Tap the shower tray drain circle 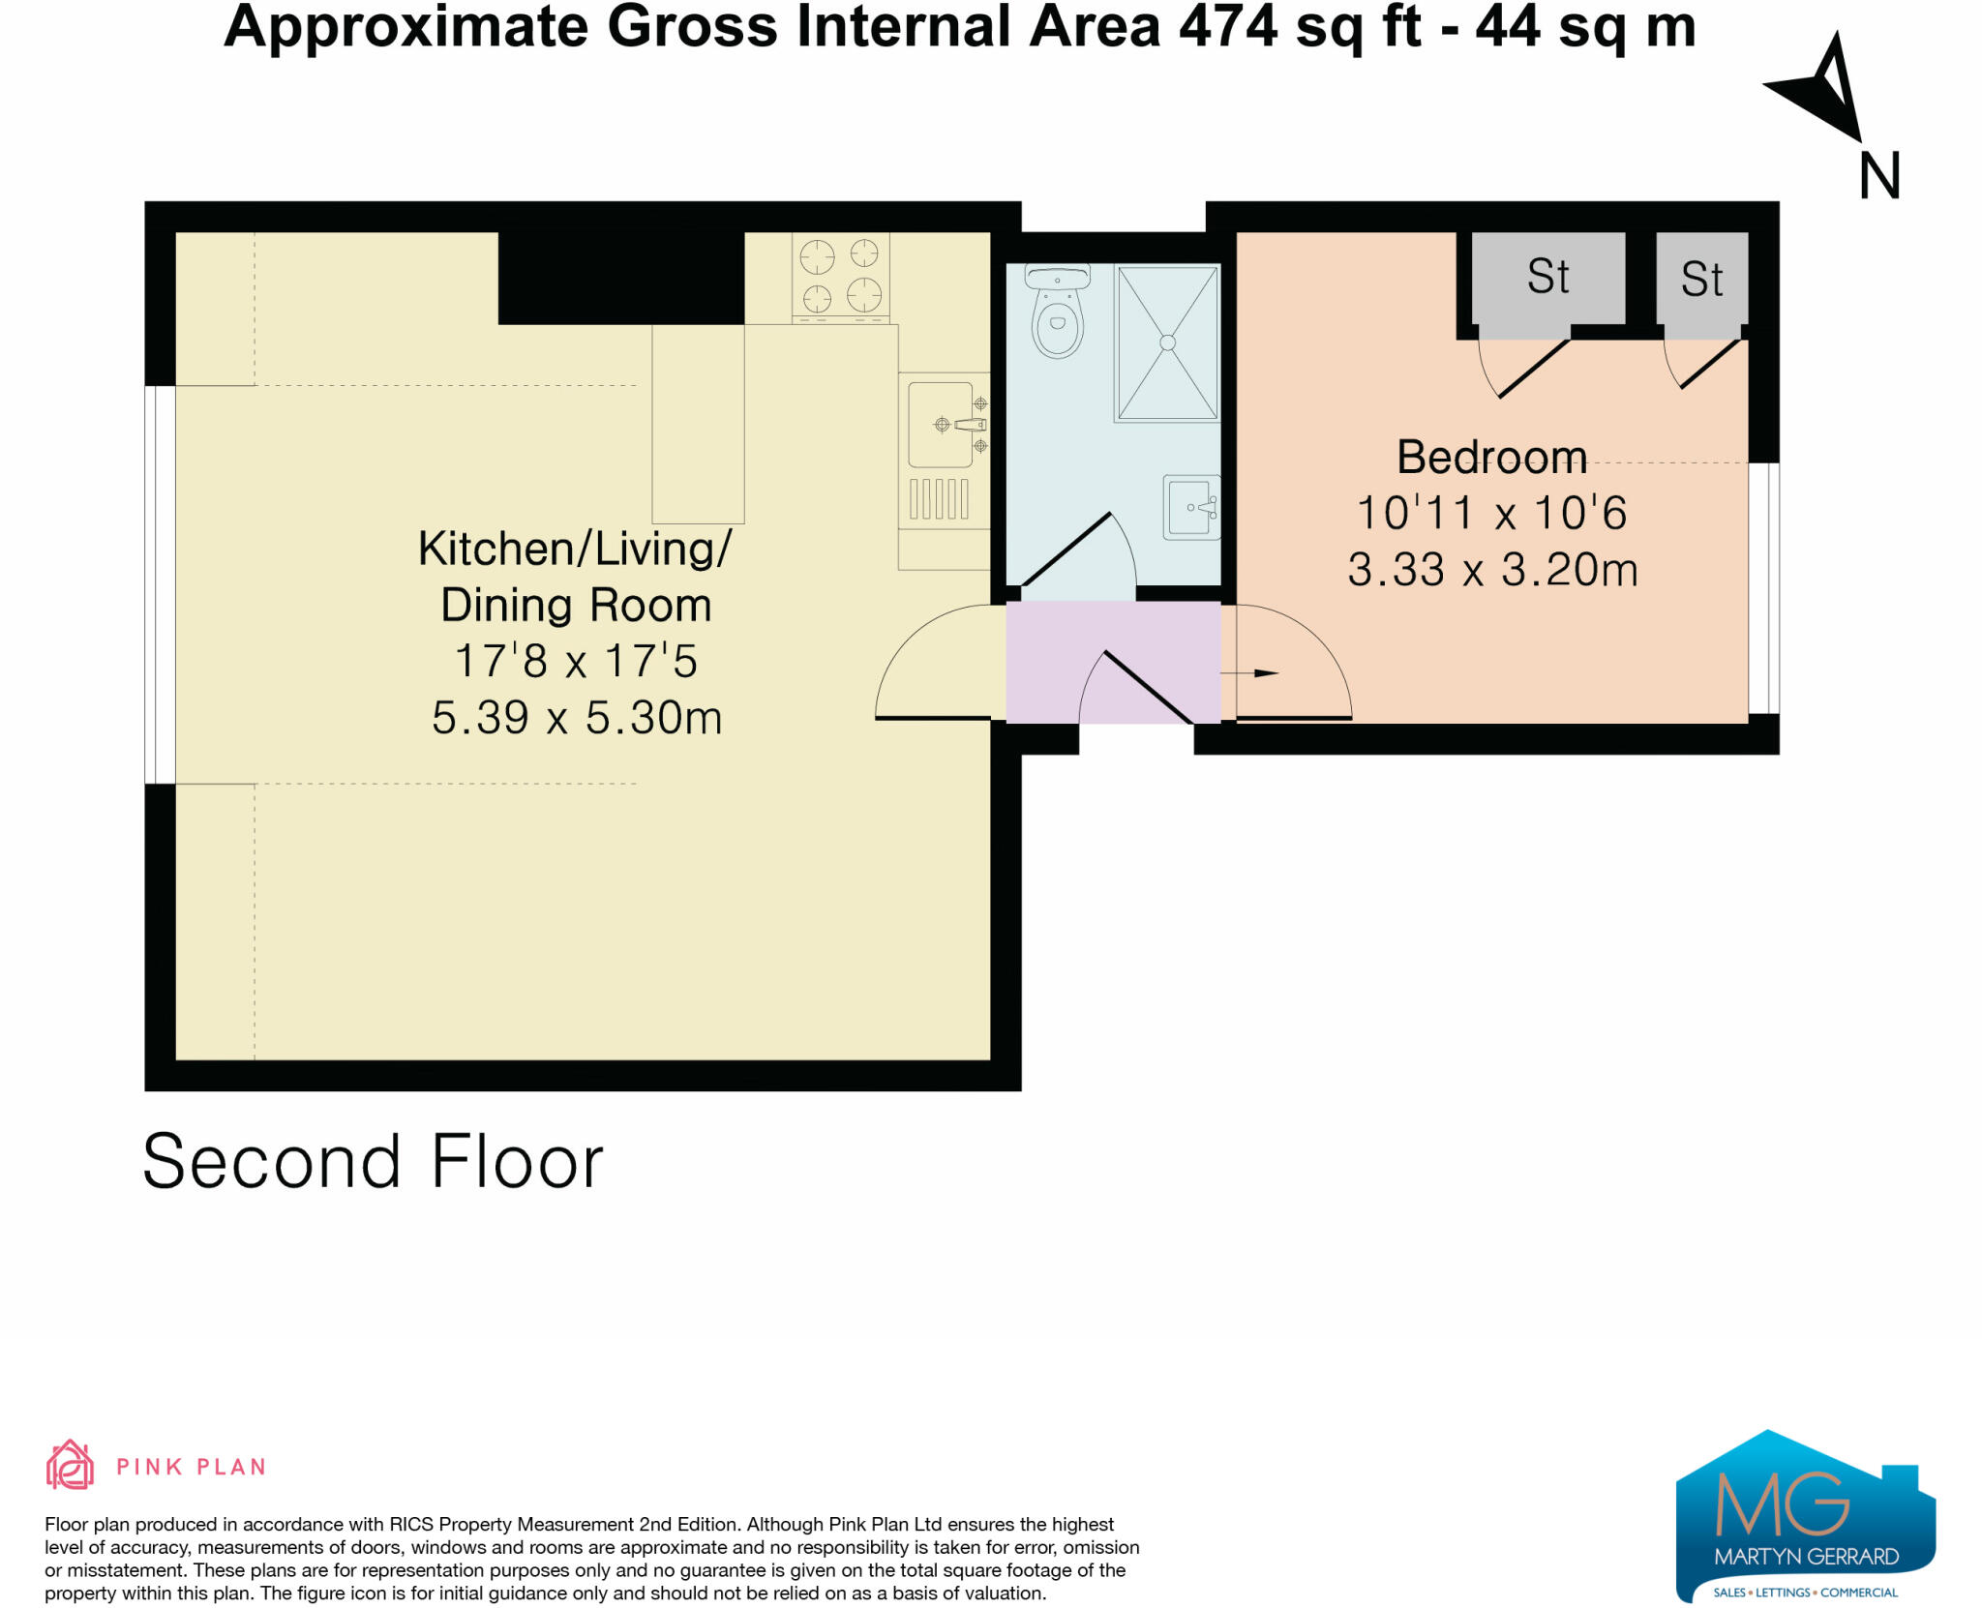(1167, 342)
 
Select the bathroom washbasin (1190, 507)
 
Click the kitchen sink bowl (940, 425)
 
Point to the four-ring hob (840, 275)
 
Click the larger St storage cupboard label (1547, 277)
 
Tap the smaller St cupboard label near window (1701, 280)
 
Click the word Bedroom (1491, 457)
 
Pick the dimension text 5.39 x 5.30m (577, 718)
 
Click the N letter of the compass (1879, 176)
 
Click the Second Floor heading (373, 1161)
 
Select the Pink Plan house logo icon (70, 1465)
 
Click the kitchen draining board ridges (939, 499)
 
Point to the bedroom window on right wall (1764, 588)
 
